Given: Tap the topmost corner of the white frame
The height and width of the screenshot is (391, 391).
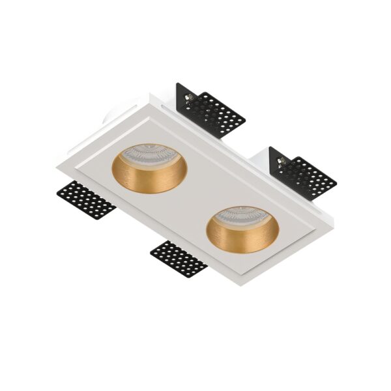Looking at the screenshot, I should [151, 95].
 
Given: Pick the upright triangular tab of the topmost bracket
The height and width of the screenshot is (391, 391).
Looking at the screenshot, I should [182, 94].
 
